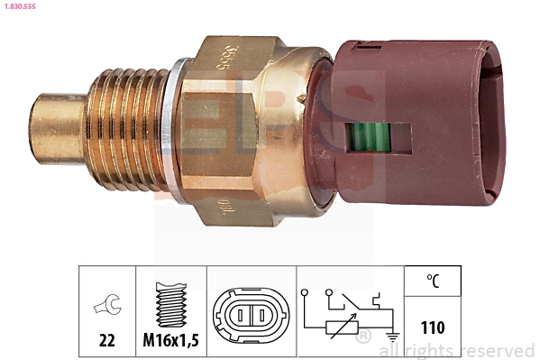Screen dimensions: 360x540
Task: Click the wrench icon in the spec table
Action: [x=106, y=307]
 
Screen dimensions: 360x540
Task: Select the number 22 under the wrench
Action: [x=107, y=342]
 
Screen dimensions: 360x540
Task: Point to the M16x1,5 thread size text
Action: [x=170, y=342]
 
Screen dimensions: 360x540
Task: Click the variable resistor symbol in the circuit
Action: [x=340, y=328]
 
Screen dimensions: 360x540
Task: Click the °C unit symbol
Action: [x=433, y=282]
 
